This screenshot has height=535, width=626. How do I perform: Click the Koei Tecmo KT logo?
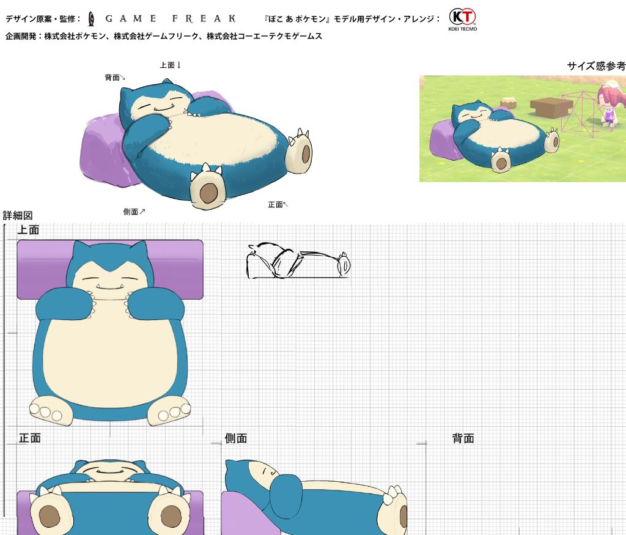click(x=462, y=20)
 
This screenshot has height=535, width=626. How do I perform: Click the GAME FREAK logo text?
click(x=171, y=18)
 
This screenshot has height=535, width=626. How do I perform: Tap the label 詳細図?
click(x=18, y=216)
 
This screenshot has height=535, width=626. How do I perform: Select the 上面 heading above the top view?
click(x=28, y=230)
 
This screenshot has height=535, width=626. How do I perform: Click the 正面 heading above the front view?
click(x=29, y=438)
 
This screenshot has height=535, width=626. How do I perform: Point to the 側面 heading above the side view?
click(x=235, y=438)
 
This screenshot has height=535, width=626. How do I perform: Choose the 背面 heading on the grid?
click(x=463, y=438)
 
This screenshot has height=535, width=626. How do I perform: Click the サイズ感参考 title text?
click(x=596, y=66)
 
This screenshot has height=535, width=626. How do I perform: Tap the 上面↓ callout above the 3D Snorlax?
click(x=171, y=65)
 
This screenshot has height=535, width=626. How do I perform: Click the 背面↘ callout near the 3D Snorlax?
click(x=115, y=78)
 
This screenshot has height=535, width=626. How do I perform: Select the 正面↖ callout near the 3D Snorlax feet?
click(x=278, y=205)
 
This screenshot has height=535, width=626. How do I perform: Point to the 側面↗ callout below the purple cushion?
click(x=134, y=212)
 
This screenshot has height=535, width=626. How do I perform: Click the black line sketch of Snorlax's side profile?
click(x=298, y=260)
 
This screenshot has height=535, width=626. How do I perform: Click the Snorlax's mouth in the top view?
click(x=110, y=286)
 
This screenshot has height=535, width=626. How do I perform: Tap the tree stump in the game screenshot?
click(x=508, y=103)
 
